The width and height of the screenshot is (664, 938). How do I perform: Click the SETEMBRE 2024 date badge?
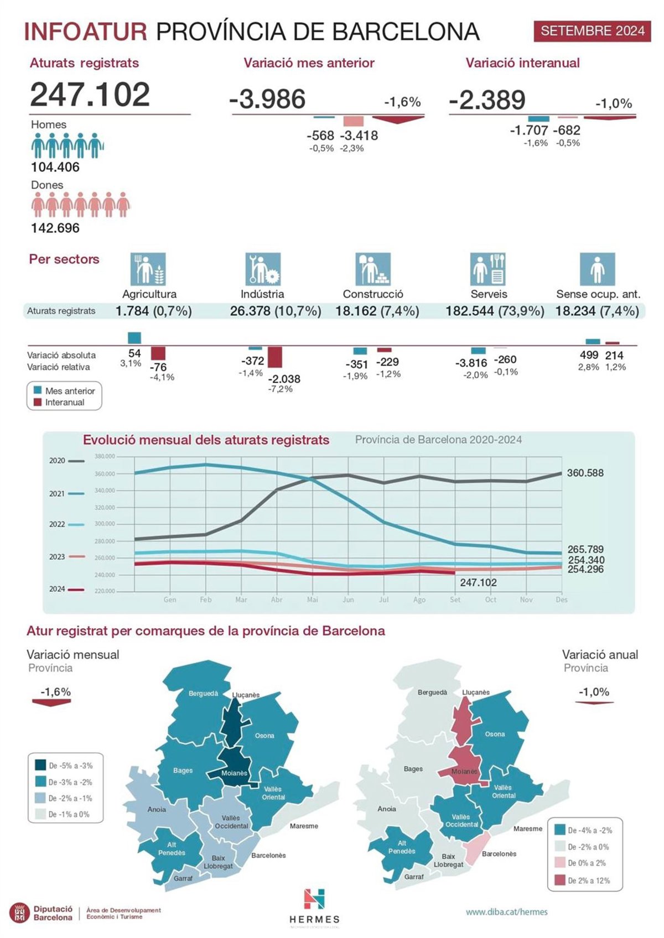pyautogui.click(x=592, y=31)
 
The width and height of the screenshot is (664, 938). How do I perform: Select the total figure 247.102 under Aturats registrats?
pyautogui.click(x=90, y=95)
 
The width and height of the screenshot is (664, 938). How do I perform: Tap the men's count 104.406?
pyautogui.click(x=55, y=167)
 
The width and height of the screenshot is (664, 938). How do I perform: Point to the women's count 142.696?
pyautogui.click(x=55, y=228)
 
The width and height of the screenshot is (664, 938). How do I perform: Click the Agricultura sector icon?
pyautogui.click(x=148, y=269)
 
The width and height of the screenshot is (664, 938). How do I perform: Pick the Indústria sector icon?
pyautogui.click(x=263, y=269)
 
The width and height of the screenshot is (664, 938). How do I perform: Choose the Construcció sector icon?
pyautogui.click(x=372, y=269)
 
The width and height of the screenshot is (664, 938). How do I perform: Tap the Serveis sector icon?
pyautogui.click(x=488, y=269)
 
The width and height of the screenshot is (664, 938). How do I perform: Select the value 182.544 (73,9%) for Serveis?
pyautogui.click(x=495, y=311)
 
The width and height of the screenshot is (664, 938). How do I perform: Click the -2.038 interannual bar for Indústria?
pyautogui.click(x=275, y=357)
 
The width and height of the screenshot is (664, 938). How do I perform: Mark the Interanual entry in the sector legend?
pyautogui.click(x=64, y=403)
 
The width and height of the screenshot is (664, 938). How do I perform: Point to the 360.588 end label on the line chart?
pyautogui.click(x=585, y=473)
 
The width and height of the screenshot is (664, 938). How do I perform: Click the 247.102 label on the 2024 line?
pyautogui.click(x=478, y=583)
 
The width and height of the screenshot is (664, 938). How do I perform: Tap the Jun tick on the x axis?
pyautogui.click(x=348, y=600)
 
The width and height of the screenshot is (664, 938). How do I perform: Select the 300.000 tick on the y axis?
pyautogui.click(x=105, y=524)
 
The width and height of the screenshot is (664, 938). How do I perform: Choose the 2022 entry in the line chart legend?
pyautogui.click(x=57, y=524)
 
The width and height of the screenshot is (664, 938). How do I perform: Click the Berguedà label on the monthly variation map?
pyautogui.click(x=203, y=694)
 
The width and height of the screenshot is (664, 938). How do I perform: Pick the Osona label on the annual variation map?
pyautogui.click(x=495, y=734)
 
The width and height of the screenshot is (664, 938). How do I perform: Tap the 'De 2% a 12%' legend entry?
pyautogui.click(x=589, y=880)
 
